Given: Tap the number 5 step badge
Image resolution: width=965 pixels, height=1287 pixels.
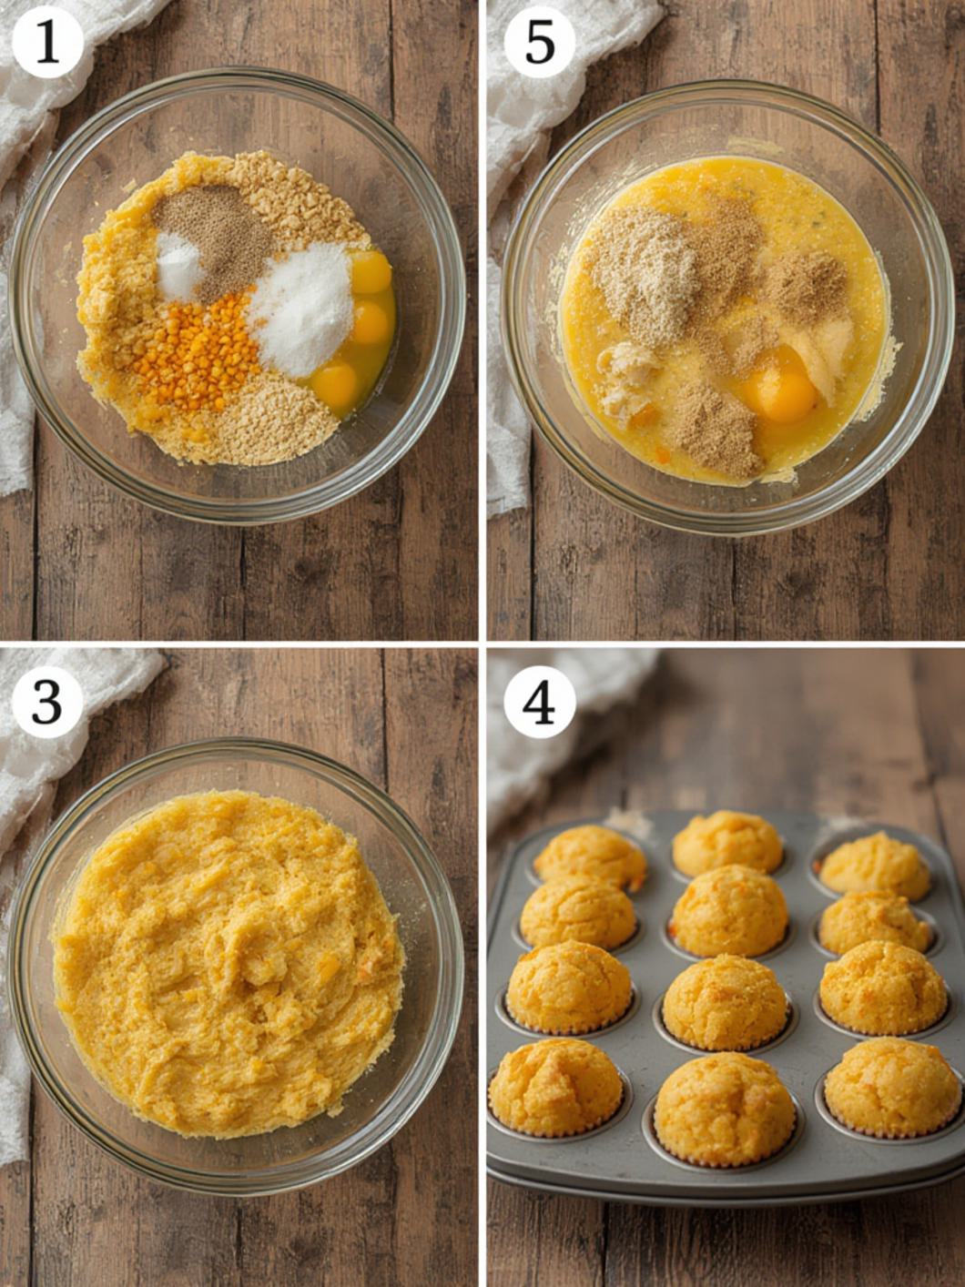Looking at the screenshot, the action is [x=539, y=45].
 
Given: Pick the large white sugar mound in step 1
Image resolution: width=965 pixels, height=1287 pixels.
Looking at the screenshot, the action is [x=301, y=308].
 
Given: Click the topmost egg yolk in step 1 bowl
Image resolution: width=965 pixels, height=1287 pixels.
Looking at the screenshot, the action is [x=371, y=272].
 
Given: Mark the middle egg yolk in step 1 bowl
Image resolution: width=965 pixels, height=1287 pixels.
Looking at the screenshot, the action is [x=370, y=322].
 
